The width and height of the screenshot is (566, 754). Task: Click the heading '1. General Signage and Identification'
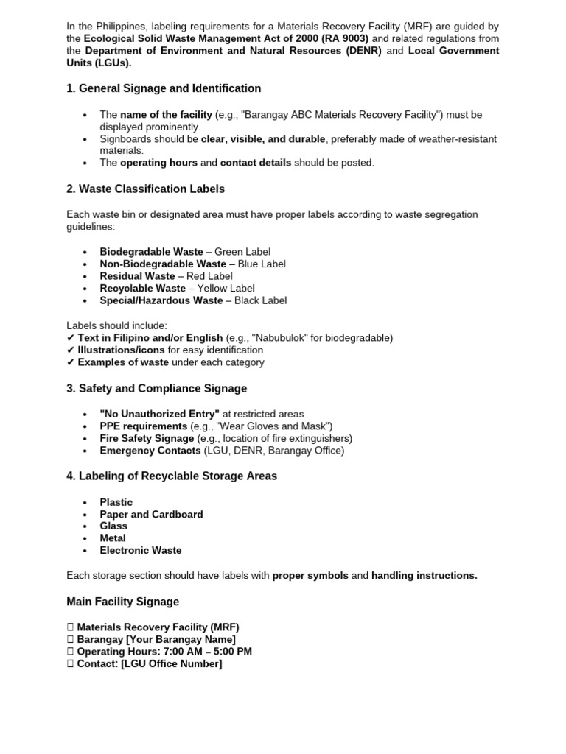click(x=164, y=88)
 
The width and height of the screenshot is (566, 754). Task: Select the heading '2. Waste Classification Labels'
click(x=145, y=189)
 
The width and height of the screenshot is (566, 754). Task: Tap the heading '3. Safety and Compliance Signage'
click(x=156, y=388)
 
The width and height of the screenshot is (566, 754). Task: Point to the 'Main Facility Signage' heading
click(x=122, y=602)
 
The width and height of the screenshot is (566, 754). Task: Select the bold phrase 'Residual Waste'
click(x=137, y=276)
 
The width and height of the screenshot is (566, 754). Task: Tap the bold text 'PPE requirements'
click(x=143, y=426)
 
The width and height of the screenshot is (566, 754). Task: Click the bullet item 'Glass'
click(x=113, y=526)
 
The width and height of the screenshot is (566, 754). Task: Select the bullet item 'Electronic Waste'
click(x=140, y=550)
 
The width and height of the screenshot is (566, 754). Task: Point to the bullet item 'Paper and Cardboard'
click(x=151, y=514)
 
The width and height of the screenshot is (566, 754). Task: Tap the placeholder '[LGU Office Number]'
click(x=171, y=663)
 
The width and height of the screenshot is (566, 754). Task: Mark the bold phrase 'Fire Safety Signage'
click(x=147, y=438)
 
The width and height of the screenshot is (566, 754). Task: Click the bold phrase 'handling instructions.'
click(x=424, y=576)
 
